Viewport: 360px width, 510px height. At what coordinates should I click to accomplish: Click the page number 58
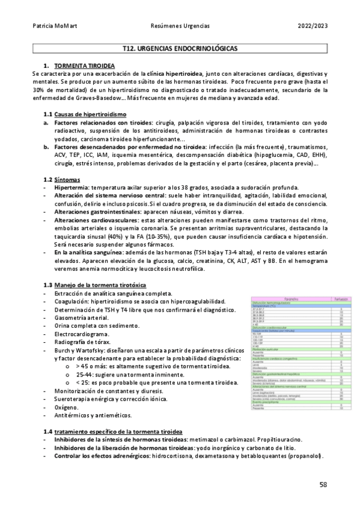pyautogui.click(x=323, y=484)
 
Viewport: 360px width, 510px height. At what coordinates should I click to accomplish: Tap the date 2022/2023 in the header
pyautogui.click(x=313, y=26)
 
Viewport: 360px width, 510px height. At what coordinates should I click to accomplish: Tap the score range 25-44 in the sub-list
pyautogui.click(x=85, y=375)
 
